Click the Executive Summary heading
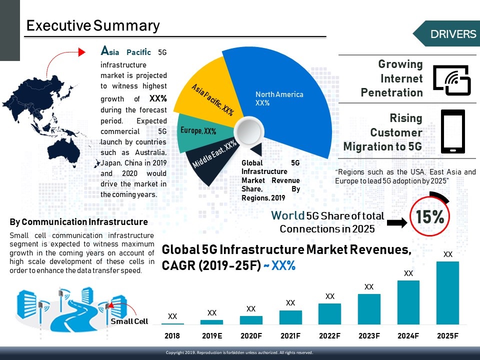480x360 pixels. (x=93, y=25)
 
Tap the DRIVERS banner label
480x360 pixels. (x=453, y=34)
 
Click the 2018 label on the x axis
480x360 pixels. (x=172, y=336)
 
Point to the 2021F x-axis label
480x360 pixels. (x=290, y=336)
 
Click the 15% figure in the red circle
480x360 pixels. (x=430, y=217)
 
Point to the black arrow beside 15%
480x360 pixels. (x=397, y=222)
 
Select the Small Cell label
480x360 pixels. (x=129, y=321)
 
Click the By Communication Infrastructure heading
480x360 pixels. (x=79, y=222)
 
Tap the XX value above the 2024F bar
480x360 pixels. (x=408, y=273)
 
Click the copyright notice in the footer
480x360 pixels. (x=239, y=353)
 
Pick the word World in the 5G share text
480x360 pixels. (x=287, y=216)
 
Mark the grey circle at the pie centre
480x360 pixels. (x=248, y=133)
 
